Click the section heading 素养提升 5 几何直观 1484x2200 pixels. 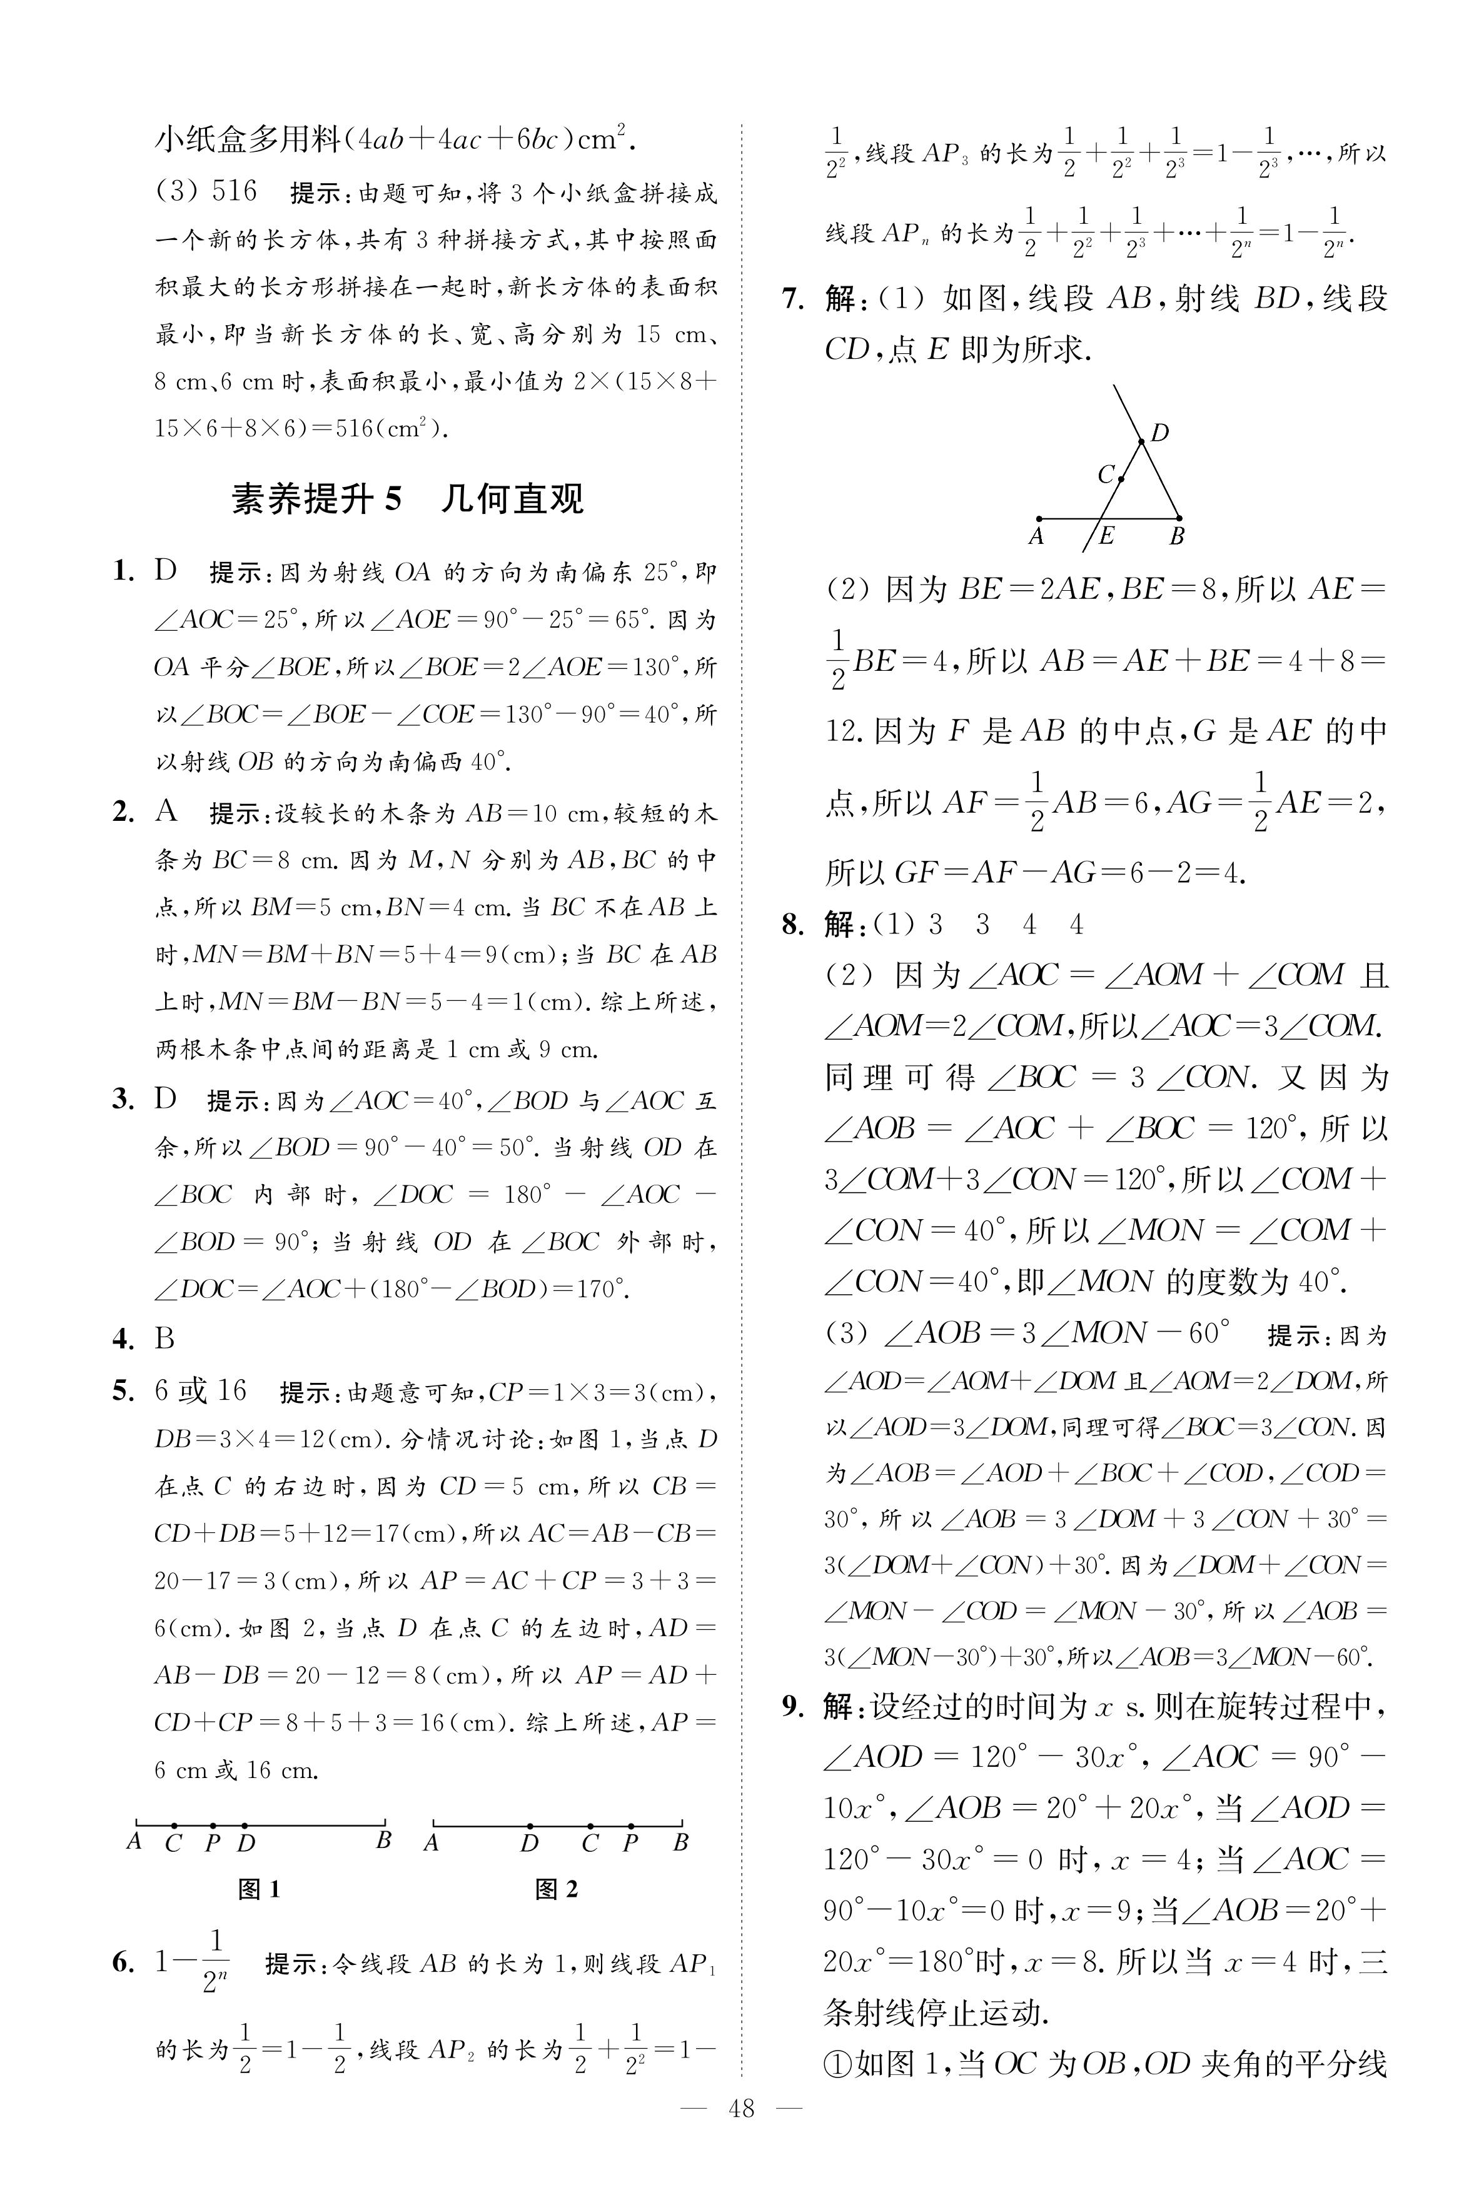pos(407,499)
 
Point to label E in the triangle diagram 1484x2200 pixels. pos(1106,536)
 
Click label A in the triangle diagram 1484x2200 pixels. pos(1036,536)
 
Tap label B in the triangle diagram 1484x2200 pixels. pos(1176,536)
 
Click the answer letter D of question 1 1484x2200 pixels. pos(166,571)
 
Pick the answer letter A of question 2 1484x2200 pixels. pos(166,812)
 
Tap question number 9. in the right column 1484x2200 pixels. pos(793,1706)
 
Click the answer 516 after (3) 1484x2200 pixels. pos(234,191)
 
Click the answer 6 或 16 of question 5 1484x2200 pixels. pos(201,1390)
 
